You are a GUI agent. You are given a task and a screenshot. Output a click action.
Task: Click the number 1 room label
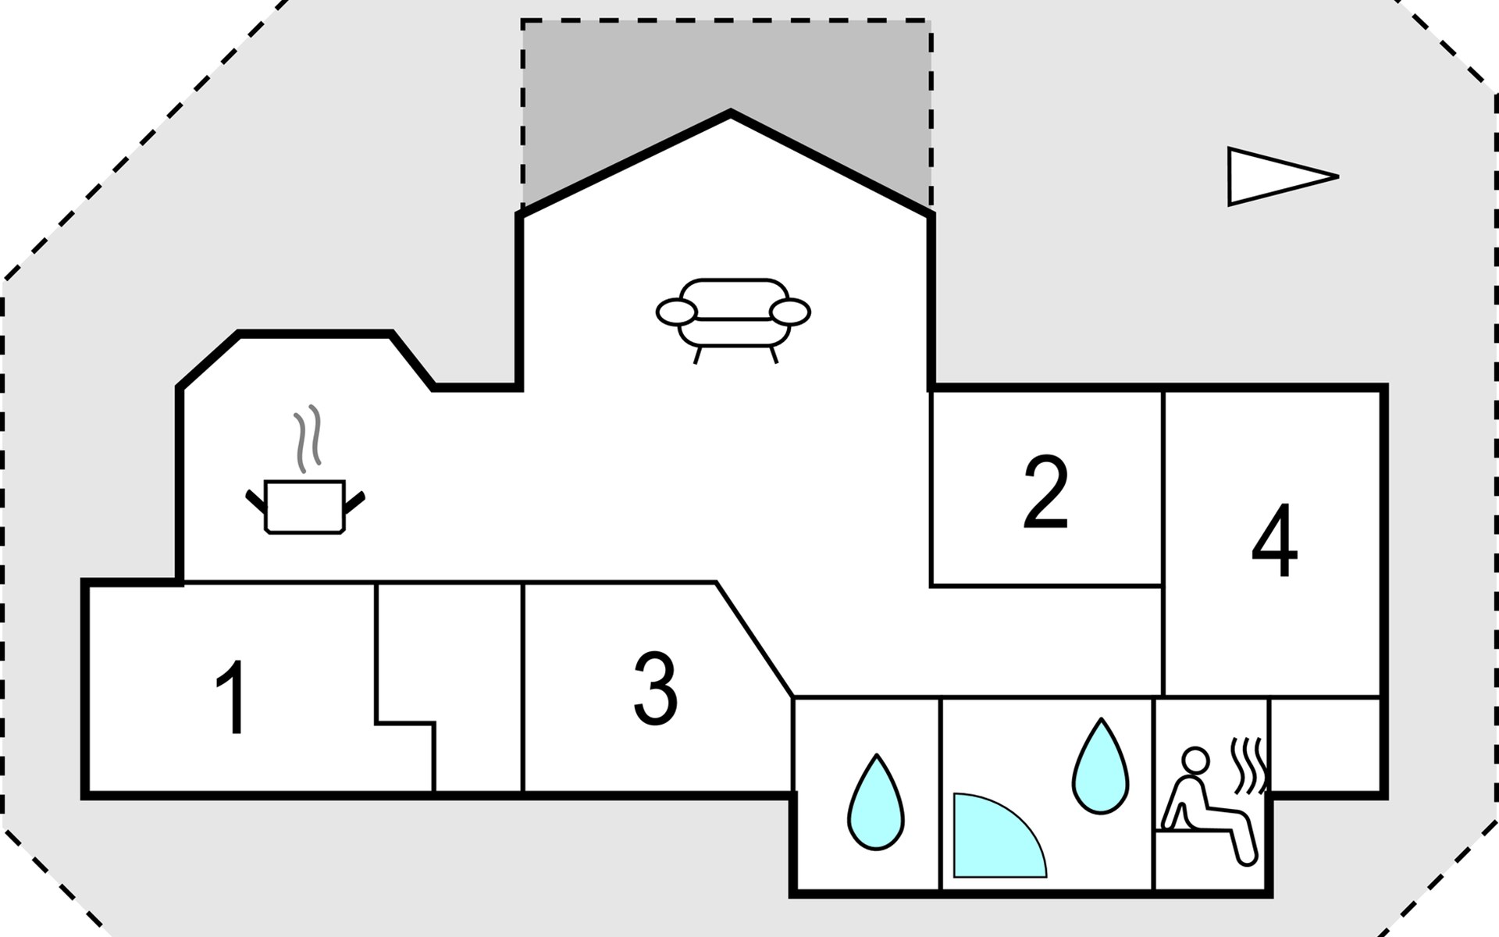point(232,697)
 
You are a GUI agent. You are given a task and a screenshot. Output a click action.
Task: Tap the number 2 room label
point(1045,493)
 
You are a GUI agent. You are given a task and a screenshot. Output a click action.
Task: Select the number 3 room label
point(655,687)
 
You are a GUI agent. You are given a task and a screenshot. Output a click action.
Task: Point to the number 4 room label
point(1274,540)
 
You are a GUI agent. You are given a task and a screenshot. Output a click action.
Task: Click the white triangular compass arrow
point(1273,176)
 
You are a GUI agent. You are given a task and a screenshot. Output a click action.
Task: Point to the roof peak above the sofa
point(731,114)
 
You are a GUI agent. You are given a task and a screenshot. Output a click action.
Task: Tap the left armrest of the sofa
point(676,312)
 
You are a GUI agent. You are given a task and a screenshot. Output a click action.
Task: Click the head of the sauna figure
point(1195,760)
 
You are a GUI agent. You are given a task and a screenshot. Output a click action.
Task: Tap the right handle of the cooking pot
point(354,503)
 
